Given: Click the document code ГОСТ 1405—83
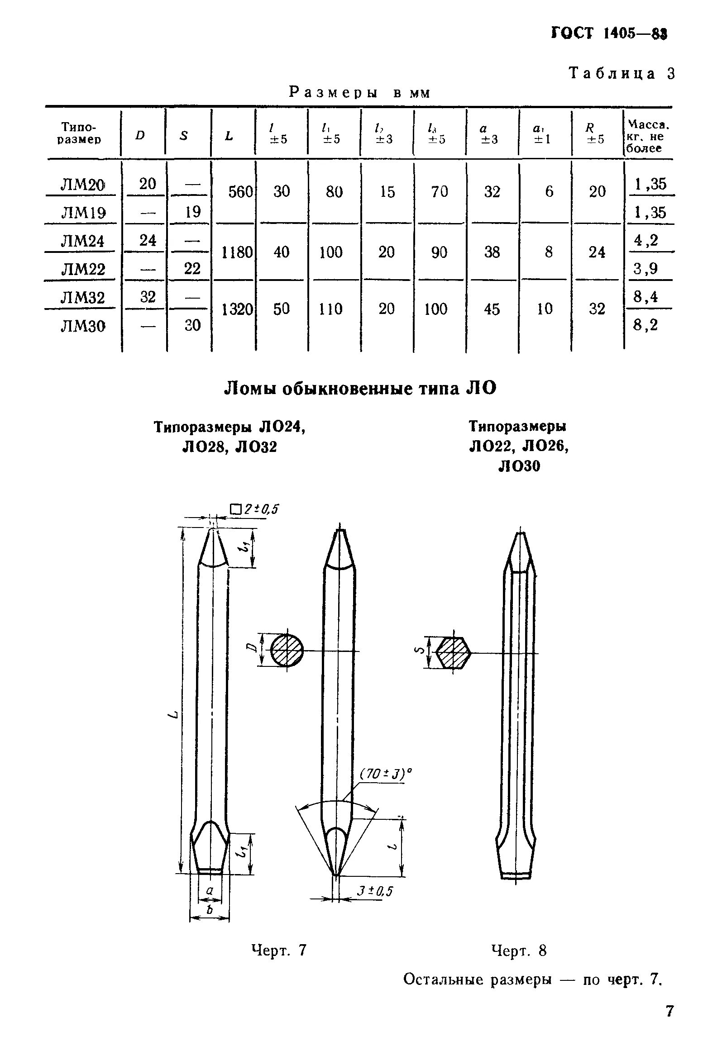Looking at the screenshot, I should point(609,34).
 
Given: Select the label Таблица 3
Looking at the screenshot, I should point(621,74).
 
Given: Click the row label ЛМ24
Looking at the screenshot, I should point(82,241).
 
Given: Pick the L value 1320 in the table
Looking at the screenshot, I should point(236,309).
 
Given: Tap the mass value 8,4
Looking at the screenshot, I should point(645,297).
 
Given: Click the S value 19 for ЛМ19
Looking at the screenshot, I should point(192,212).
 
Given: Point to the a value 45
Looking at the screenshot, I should point(492,309).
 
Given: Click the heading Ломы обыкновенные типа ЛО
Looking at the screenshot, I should point(360,388).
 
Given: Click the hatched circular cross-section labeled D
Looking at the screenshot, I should point(287,651).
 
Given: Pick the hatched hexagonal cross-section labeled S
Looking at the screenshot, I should point(453,653).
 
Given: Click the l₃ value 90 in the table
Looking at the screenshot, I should point(439,252).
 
